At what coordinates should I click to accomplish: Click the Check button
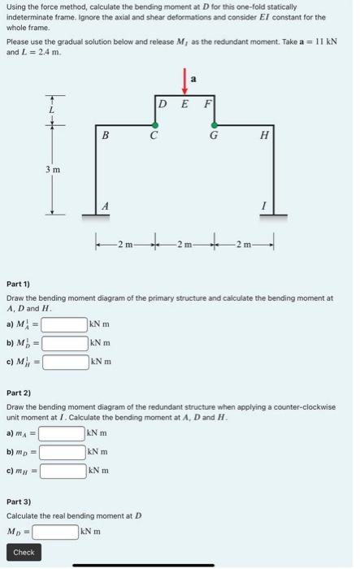(24, 552)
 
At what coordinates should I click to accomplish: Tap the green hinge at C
(154, 124)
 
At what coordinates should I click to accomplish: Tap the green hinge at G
(214, 124)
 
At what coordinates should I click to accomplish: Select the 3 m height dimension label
(52, 169)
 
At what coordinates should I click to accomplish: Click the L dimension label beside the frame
(52, 109)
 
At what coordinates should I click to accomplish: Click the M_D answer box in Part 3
(54, 532)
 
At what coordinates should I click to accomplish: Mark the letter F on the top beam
(207, 104)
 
